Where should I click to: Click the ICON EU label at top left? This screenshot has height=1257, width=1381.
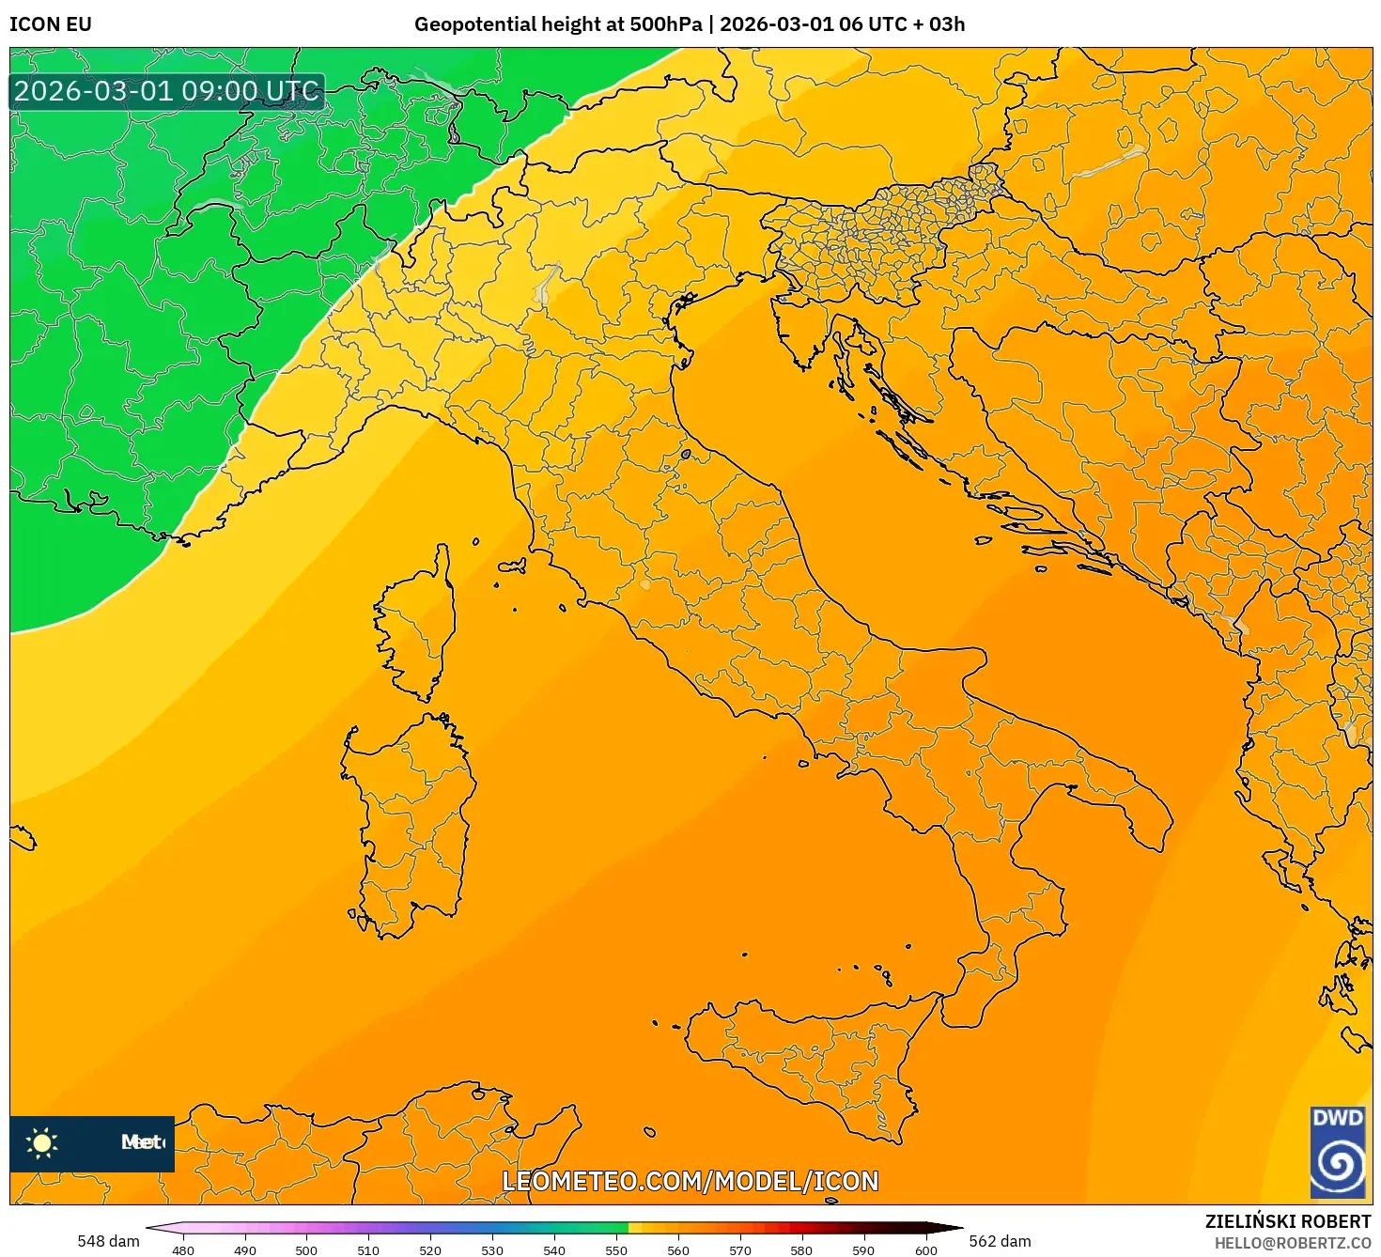[51, 24]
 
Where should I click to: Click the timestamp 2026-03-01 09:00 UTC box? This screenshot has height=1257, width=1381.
[166, 91]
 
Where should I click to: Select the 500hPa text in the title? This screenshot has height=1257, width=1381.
[665, 24]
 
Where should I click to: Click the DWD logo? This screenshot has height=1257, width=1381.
[1338, 1152]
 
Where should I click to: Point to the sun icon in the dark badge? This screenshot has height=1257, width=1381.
[42, 1142]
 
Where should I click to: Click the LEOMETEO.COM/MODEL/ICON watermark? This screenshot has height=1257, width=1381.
[690, 1181]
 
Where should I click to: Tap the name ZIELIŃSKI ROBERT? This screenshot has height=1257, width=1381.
[1287, 1221]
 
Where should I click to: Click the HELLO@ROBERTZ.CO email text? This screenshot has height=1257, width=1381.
[1292, 1243]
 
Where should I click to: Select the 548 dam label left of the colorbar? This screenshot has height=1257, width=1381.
[108, 1241]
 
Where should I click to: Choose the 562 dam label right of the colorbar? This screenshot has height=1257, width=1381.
[1000, 1241]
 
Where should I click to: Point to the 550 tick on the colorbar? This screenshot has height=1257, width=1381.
[616, 1249]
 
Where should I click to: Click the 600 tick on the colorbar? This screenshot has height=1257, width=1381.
[925, 1249]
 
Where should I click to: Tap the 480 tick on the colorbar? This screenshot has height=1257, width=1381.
[183, 1249]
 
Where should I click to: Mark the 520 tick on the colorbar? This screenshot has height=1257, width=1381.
[430, 1249]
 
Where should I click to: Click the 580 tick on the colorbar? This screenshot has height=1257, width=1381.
[801, 1249]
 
